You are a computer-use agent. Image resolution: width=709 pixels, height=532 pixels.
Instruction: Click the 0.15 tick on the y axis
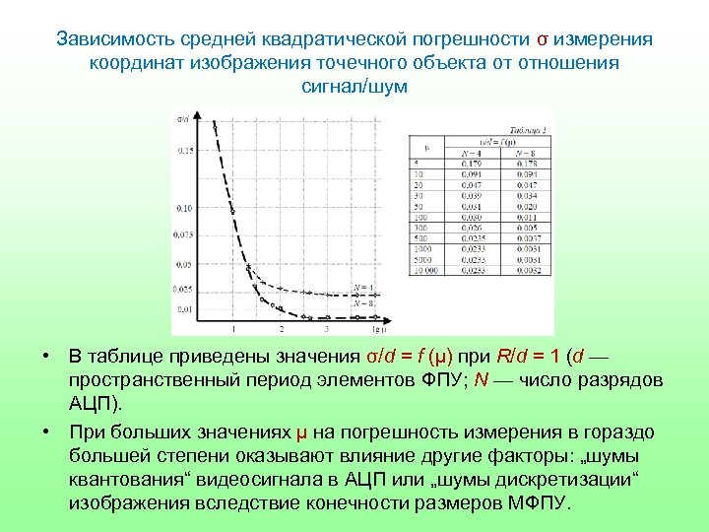click(185, 151)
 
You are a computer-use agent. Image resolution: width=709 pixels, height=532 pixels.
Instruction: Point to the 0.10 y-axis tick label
click(185, 208)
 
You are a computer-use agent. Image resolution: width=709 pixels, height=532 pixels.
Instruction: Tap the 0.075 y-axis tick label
click(183, 235)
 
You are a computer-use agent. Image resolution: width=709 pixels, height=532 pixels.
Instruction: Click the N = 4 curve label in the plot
click(363, 288)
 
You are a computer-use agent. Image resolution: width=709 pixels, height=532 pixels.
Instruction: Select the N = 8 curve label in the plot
click(363, 302)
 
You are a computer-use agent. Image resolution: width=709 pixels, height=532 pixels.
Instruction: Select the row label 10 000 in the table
click(425, 268)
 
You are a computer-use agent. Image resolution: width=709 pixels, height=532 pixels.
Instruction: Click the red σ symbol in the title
click(542, 39)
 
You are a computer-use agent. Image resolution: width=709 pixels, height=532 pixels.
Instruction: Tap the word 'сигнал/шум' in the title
click(354, 87)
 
